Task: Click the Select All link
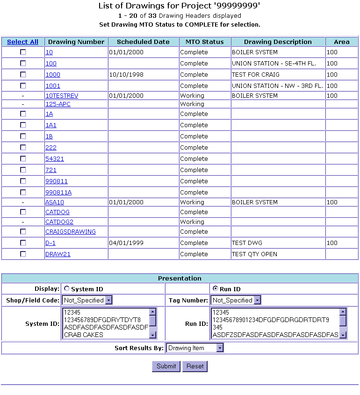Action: click(22, 42)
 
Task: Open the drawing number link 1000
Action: click(53, 75)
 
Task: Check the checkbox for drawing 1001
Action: click(23, 86)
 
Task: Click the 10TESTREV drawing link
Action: click(62, 96)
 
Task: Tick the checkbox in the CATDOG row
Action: click(23, 212)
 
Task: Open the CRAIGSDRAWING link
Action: click(71, 232)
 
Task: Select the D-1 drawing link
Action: click(50, 243)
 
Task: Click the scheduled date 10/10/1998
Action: click(124, 75)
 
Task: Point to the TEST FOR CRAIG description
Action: click(255, 75)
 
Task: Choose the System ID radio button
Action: click(66, 289)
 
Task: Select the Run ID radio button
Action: click(215, 289)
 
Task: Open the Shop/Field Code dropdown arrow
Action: click(108, 300)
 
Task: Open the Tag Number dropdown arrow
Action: click(257, 300)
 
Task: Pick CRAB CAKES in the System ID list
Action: click(84, 335)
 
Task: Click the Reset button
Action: click(195, 366)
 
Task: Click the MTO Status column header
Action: click(205, 42)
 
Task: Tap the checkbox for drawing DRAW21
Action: click(23, 254)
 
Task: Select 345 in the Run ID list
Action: click(217, 327)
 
